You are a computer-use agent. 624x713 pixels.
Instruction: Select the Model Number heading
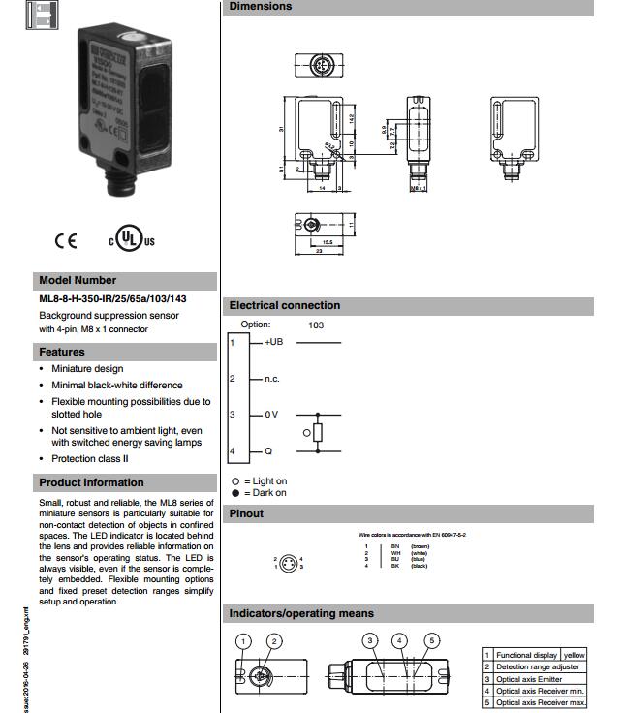point(78,280)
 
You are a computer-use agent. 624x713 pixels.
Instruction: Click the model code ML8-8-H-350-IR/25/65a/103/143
point(112,298)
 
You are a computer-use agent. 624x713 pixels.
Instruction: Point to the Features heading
point(62,352)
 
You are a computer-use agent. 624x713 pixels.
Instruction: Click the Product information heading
point(91,482)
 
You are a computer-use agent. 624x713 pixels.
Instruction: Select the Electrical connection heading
point(285,305)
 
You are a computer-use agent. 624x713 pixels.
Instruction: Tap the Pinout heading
point(246,513)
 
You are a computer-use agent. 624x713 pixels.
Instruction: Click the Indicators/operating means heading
point(301,613)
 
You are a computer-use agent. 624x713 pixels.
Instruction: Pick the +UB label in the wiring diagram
point(273,342)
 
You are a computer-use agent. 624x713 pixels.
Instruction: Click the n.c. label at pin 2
point(272,379)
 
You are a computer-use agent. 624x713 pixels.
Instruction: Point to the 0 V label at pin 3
point(271,415)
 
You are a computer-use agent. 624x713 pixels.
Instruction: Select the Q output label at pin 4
point(268,451)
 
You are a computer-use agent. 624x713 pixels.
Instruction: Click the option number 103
point(316,325)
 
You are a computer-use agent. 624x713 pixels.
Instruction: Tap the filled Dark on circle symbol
point(234,493)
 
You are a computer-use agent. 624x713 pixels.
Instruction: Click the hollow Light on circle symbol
point(234,481)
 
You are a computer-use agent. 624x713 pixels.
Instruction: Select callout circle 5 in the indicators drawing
point(432,640)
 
